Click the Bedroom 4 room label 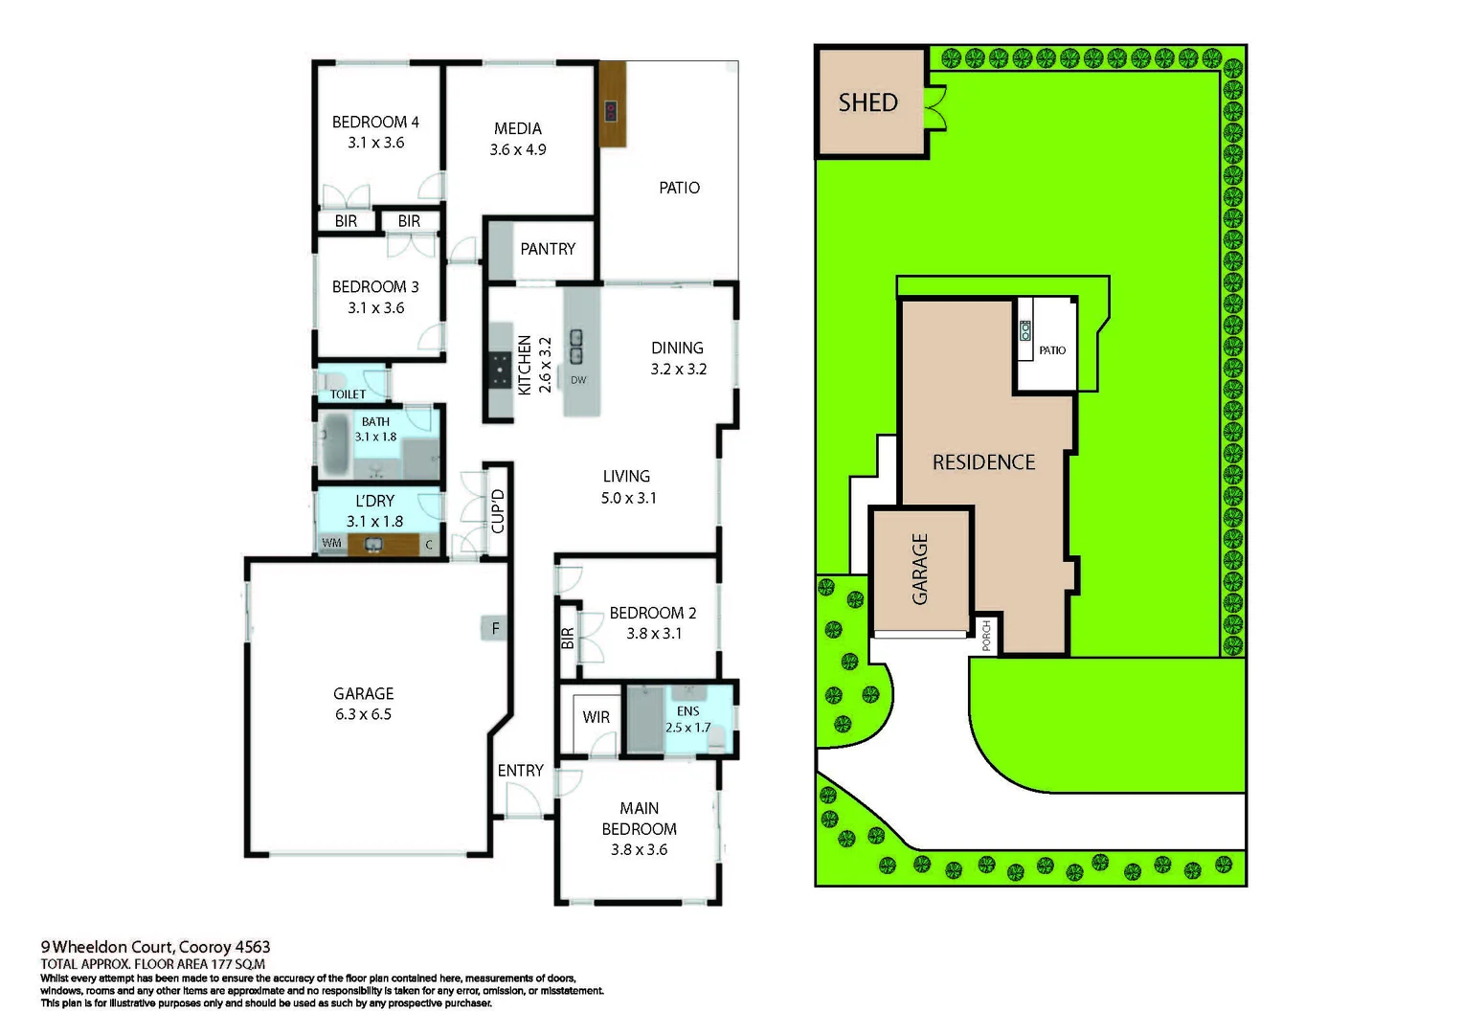tap(375, 123)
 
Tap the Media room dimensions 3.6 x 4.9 tap(517, 150)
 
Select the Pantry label tap(548, 249)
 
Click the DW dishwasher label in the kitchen tap(578, 380)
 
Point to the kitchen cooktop tap(500, 370)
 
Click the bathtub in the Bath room tap(335, 444)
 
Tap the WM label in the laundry tap(331, 543)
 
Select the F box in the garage tap(495, 629)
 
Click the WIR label tap(596, 717)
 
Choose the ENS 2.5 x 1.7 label tap(687, 719)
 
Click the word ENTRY tap(520, 771)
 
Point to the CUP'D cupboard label tap(498, 510)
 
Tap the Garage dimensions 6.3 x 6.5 tap(363, 715)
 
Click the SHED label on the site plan tap(867, 102)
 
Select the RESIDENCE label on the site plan tap(983, 462)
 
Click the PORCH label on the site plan tap(986, 636)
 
